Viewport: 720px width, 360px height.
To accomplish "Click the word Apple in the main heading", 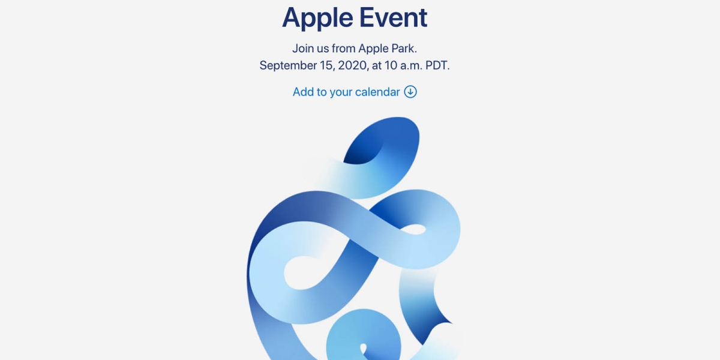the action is tap(317, 18).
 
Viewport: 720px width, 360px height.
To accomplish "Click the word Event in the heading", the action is tap(394, 17).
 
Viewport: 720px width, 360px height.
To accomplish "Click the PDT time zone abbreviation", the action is tap(437, 65).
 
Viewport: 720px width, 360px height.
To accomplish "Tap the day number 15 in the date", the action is tap(327, 65).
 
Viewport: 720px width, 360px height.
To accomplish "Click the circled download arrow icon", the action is tap(410, 92).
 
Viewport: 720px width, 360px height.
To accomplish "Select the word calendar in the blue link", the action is tap(377, 92).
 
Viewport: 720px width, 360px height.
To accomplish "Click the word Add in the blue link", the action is tap(303, 92).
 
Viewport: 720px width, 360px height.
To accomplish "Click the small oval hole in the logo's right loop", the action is tap(413, 229).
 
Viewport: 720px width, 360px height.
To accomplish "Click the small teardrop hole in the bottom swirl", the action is tap(364, 349).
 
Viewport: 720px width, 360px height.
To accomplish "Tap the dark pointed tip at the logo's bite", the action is tap(450, 322).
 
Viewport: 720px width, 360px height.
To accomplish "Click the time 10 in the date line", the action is tap(391, 65).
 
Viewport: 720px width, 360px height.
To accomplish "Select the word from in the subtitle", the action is tap(344, 49).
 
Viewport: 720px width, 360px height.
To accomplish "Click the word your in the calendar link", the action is tap(341, 92).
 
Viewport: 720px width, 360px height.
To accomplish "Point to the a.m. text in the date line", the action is tap(411, 66).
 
